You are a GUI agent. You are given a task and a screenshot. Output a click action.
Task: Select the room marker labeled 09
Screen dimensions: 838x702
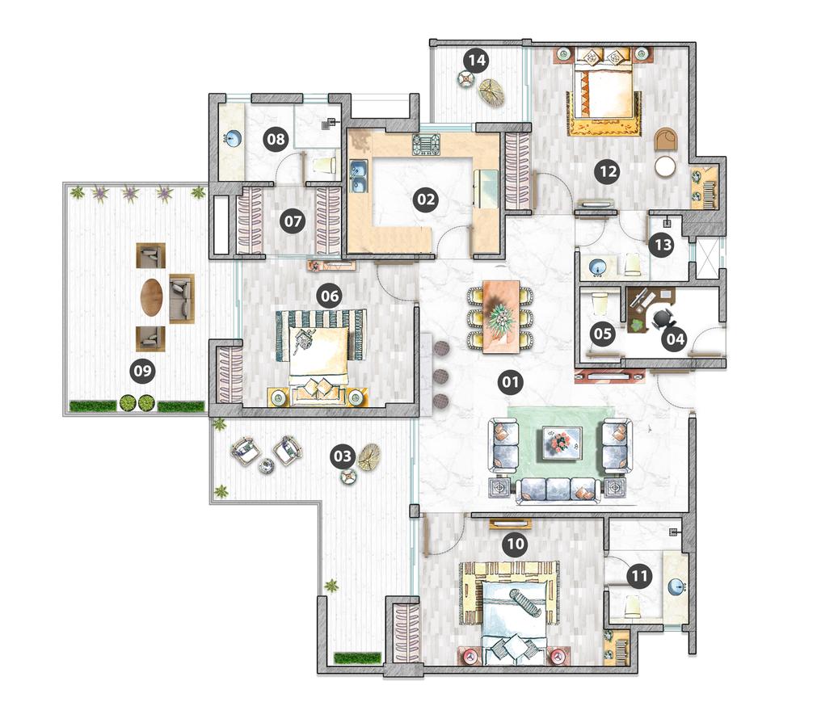(x=143, y=370)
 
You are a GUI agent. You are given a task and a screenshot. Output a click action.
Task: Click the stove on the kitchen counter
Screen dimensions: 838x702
(x=427, y=145)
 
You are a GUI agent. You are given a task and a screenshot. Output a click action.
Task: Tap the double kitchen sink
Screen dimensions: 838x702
(x=359, y=177)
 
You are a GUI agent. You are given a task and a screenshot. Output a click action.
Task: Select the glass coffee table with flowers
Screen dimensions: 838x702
(x=562, y=443)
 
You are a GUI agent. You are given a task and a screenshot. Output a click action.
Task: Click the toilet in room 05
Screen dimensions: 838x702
(x=600, y=305)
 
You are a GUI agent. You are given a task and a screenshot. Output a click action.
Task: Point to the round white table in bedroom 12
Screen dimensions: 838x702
(x=666, y=166)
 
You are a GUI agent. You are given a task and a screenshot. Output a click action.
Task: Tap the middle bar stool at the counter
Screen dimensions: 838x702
(x=441, y=374)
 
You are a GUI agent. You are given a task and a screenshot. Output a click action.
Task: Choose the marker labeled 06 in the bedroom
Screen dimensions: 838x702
(x=330, y=296)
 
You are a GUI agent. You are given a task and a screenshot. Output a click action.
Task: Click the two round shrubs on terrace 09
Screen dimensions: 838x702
(x=136, y=403)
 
